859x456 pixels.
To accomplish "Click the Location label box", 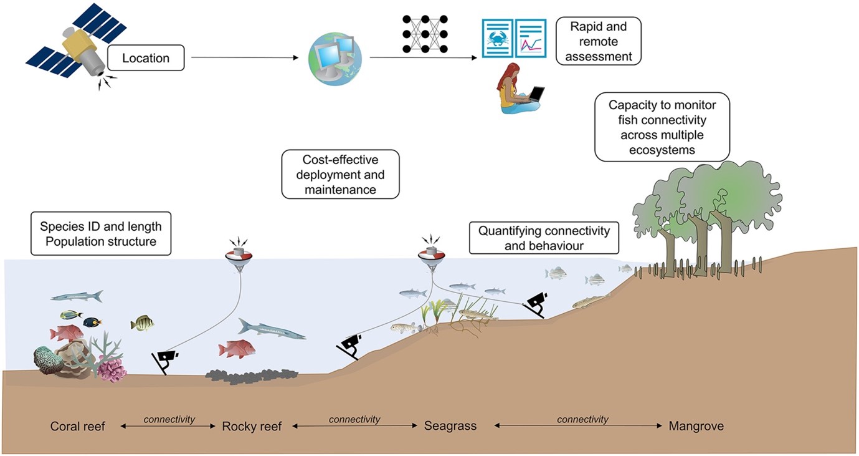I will click(146, 59).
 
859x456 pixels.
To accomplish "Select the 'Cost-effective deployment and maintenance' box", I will click(340, 173).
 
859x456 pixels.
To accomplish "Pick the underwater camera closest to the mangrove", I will click(536, 304).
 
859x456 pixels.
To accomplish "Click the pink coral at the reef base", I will click(112, 370).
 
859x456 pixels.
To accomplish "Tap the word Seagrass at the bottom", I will click(450, 427).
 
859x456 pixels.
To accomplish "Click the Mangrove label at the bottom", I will click(696, 427).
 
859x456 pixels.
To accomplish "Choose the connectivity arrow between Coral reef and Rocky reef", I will click(169, 427).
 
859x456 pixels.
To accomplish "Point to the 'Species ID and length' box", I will click(101, 233).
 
